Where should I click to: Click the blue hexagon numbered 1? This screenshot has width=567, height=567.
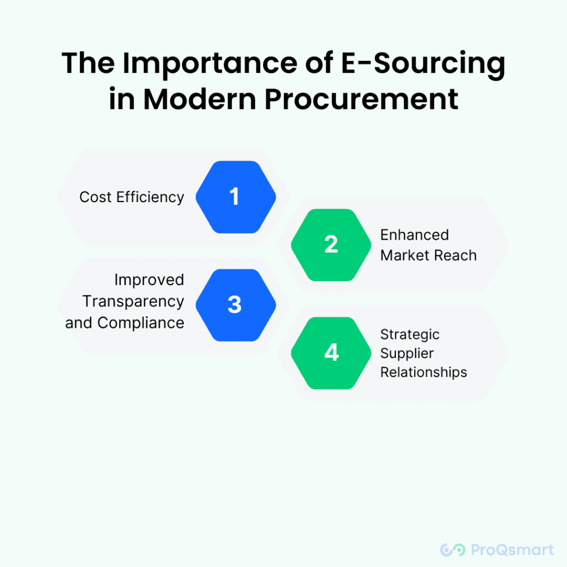point(236,197)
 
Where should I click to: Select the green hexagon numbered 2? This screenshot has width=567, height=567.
point(331,245)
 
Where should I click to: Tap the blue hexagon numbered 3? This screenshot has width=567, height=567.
point(236,305)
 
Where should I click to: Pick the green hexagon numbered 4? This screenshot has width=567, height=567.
point(331,353)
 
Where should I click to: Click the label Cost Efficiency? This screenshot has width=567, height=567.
point(132,198)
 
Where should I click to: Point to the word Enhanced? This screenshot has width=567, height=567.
point(414,235)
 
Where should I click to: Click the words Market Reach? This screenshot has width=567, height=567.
point(429,255)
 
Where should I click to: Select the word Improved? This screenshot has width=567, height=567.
point(149,280)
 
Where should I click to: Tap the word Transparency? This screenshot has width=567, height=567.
point(133,302)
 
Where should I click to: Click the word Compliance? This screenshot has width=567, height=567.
point(141,323)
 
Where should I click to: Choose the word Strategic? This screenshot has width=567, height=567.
point(410,335)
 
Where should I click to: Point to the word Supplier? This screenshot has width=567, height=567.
point(407,354)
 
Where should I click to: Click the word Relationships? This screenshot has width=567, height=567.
point(424,373)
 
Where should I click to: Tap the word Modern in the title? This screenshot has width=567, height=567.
point(200,99)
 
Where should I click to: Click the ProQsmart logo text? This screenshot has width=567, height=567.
point(512,550)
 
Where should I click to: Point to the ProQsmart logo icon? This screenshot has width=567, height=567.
point(452,550)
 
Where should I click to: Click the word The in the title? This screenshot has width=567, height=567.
point(88,63)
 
